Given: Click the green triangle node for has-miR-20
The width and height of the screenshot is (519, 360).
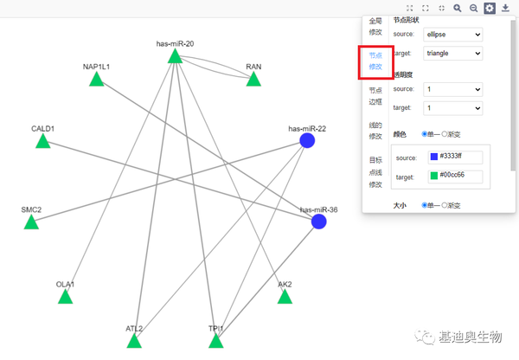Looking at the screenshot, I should click(x=174, y=57).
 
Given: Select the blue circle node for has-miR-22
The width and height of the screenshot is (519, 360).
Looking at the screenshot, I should click(x=306, y=140).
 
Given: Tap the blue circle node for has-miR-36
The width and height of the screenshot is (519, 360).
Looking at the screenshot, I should click(x=318, y=222).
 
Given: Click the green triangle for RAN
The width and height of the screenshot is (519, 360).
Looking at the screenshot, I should click(x=253, y=80).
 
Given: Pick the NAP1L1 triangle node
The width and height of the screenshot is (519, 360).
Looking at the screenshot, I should click(x=96, y=80).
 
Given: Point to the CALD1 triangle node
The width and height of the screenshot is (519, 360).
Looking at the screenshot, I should click(x=42, y=141).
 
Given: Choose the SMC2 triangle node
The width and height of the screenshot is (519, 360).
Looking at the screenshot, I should click(x=31, y=222).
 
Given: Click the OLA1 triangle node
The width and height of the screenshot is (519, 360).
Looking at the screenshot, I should click(x=65, y=298).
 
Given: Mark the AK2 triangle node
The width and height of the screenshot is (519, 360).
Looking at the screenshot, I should click(x=285, y=297).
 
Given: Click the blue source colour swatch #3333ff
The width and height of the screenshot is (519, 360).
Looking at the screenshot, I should click(x=434, y=157).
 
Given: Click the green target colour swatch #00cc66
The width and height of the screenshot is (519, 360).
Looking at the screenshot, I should click(x=434, y=177).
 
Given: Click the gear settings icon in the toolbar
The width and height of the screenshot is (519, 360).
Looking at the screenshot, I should click(x=490, y=8).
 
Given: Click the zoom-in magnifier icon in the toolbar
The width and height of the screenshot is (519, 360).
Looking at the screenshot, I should click(x=458, y=8).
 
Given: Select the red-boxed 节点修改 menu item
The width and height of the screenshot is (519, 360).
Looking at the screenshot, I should click(x=375, y=60).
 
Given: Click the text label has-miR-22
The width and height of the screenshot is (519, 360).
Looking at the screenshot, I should click(x=307, y=128).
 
